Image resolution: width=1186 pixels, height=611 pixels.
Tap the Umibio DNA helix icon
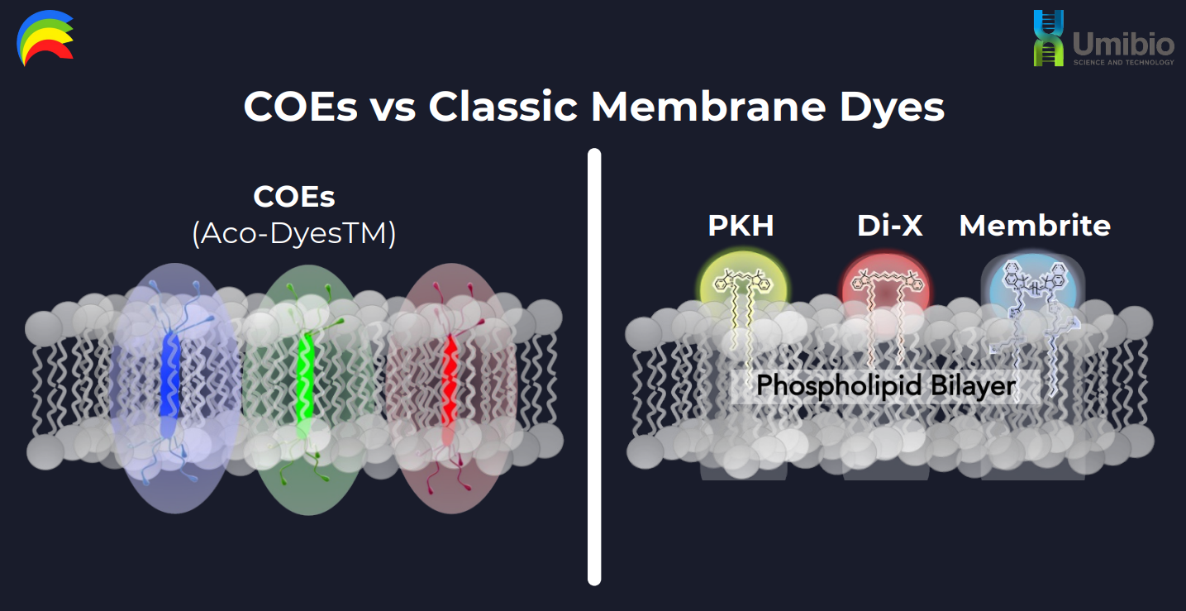pos(1048,38)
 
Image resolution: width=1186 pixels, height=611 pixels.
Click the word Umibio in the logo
pos(1123,45)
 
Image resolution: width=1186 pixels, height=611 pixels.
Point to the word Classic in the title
pos(503,107)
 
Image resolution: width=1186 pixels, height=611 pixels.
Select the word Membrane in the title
pos(708,107)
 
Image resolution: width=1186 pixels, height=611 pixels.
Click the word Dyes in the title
pos(892,109)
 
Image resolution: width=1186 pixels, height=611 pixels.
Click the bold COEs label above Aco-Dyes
pos(294,197)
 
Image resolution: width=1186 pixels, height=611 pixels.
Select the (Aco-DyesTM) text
pos(294,233)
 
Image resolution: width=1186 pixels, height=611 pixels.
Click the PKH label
pos(741,226)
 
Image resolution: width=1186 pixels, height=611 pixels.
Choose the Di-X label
pos(889,226)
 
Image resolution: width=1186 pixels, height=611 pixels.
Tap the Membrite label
pos(1035,226)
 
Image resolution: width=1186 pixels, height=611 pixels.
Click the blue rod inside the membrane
pos(169,382)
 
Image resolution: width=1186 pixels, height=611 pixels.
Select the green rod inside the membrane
pos(305,379)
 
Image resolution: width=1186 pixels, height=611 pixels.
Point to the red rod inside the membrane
pos(450,386)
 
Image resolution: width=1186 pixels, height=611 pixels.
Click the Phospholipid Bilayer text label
pos(886,385)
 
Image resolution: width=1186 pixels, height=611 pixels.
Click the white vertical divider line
pos(594,367)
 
